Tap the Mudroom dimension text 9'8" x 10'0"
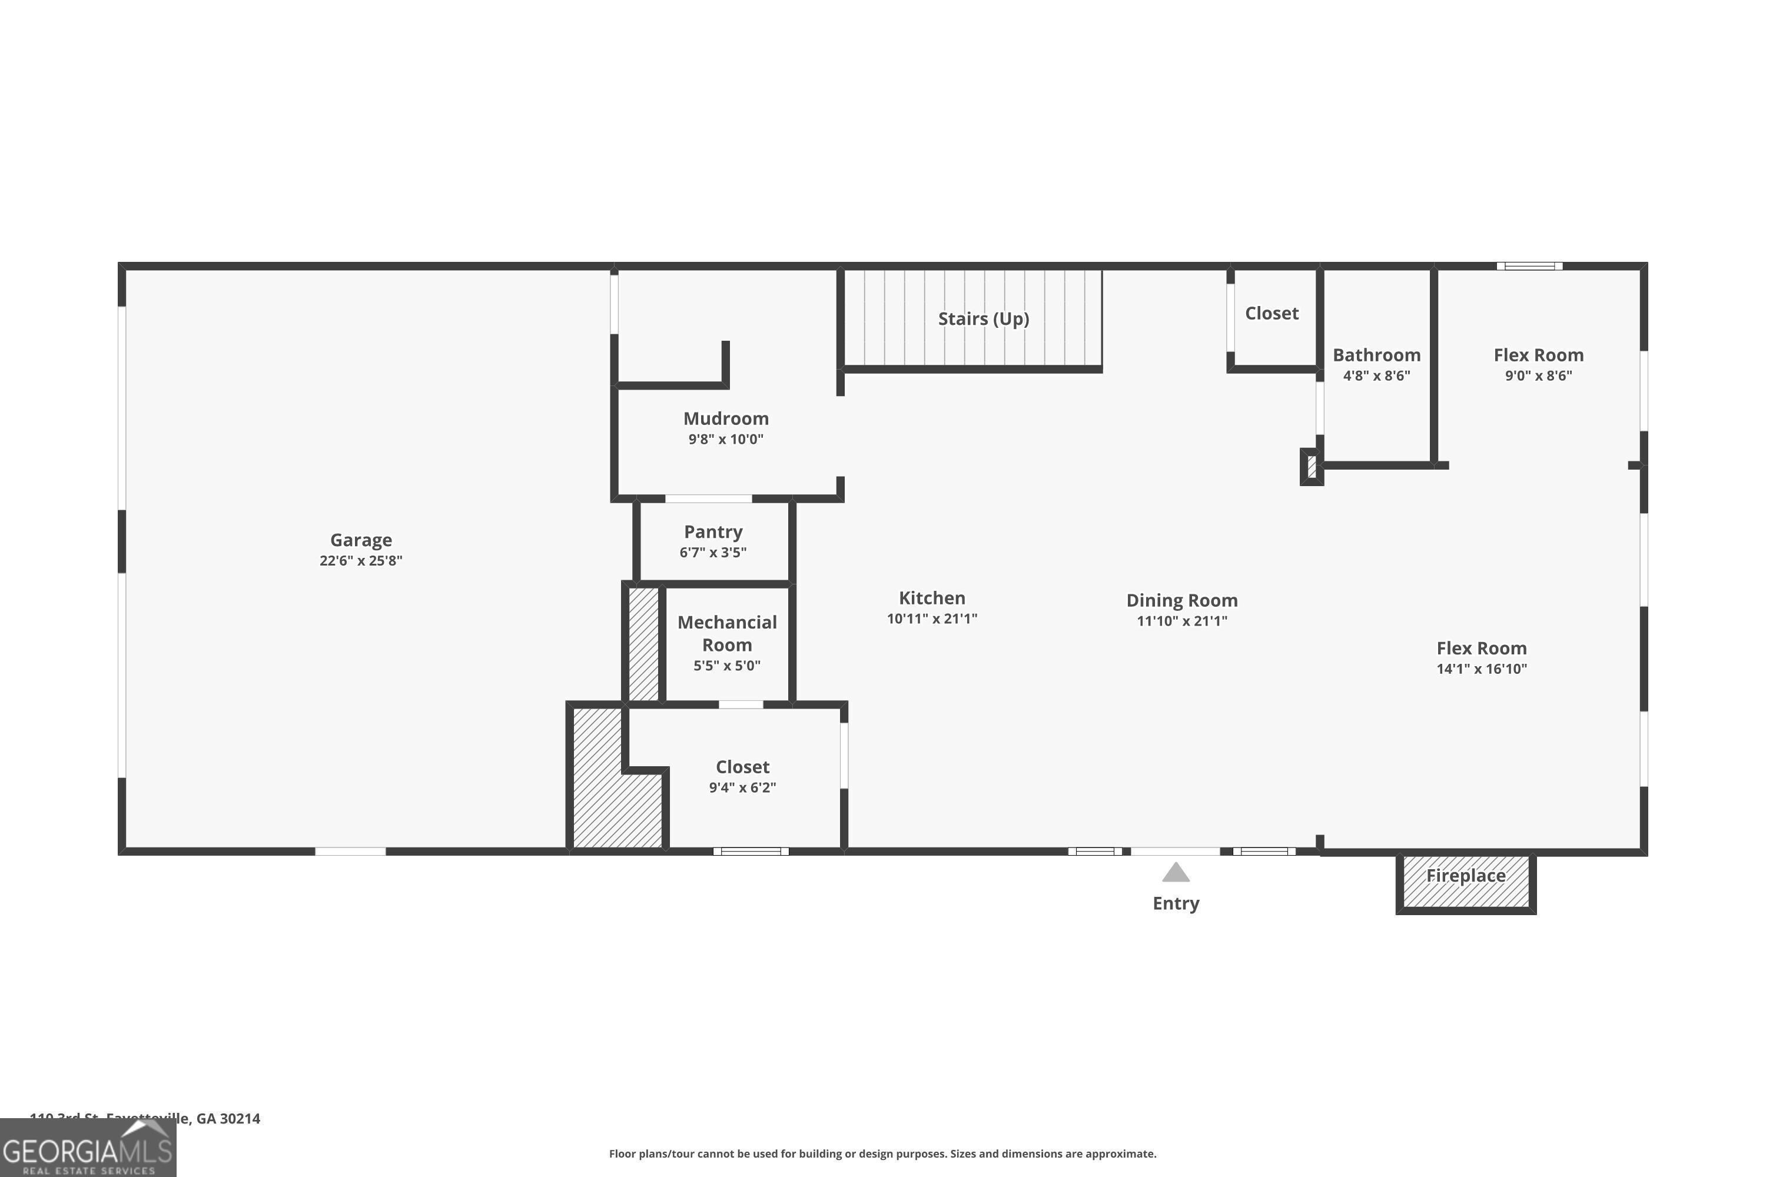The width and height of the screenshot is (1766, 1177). [725, 439]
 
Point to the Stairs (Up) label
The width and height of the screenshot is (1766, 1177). [983, 318]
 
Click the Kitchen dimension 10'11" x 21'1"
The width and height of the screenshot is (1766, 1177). [931, 619]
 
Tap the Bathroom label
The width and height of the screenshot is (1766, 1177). [1376, 355]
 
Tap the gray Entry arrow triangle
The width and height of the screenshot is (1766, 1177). [1175, 873]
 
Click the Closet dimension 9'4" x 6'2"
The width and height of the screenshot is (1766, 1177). [742, 787]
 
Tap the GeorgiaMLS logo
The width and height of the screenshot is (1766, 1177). [87, 1149]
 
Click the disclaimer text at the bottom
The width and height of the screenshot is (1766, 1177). [882, 1153]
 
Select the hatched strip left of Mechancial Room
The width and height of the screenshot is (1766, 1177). [643, 643]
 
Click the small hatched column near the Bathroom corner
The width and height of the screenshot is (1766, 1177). [1311, 467]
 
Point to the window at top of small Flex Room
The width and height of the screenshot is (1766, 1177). [1529, 266]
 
